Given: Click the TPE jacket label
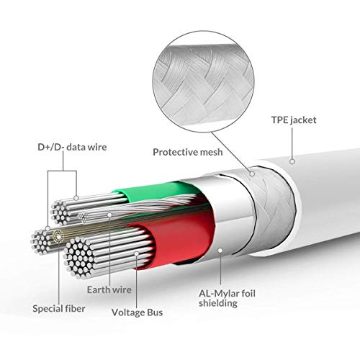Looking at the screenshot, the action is tap(294, 120).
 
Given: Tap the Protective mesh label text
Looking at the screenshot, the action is tap(188, 152).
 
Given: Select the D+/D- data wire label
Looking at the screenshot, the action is tap(72, 147).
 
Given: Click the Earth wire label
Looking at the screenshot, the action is tap(109, 289).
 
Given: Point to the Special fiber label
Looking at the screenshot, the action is tap(59, 309).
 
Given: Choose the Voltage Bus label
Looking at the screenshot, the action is tap(137, 312).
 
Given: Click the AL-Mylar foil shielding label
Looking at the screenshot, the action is tap(227, 298).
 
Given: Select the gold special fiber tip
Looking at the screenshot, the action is tap(58, 235).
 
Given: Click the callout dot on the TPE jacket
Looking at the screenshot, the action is tap(292, 161).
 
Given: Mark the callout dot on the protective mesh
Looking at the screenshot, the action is tap(252, 174).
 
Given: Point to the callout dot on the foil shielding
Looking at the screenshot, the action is tap(220, 251).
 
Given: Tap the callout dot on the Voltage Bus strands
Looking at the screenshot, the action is tap(137, 253).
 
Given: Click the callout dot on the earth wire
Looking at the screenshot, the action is tap(109, 215).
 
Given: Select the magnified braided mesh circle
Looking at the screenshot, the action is tap(203, 81).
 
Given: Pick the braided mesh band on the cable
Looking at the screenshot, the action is tap(274, 207).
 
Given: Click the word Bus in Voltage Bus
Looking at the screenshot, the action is tap(155, 312).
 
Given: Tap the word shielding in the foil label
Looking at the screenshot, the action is tap(218, 303).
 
